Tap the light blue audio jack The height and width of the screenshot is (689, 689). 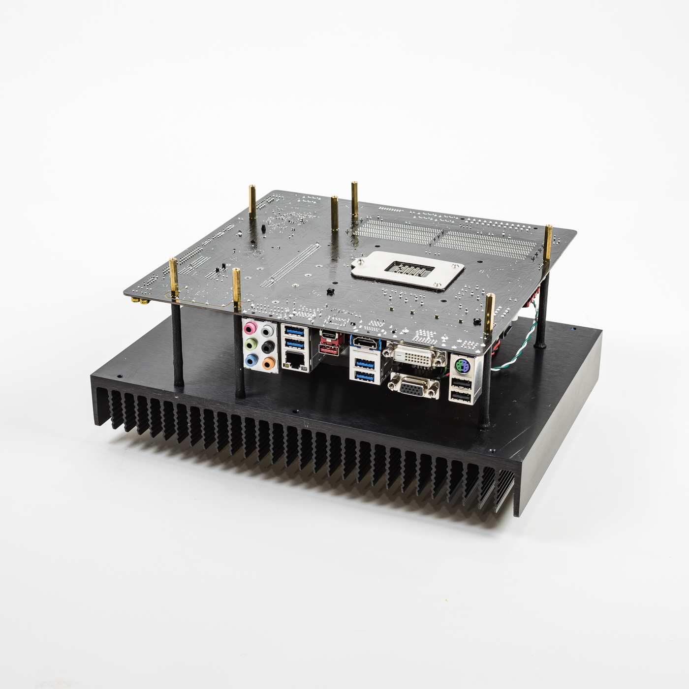coord(251,361)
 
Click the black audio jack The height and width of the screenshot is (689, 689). coord(268,347)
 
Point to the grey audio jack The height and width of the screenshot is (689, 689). coord(267,331)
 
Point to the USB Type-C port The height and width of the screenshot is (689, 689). coord(328,336)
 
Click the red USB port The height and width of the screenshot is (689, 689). coord(328,350)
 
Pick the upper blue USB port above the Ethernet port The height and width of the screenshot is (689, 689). coord(295,330)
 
